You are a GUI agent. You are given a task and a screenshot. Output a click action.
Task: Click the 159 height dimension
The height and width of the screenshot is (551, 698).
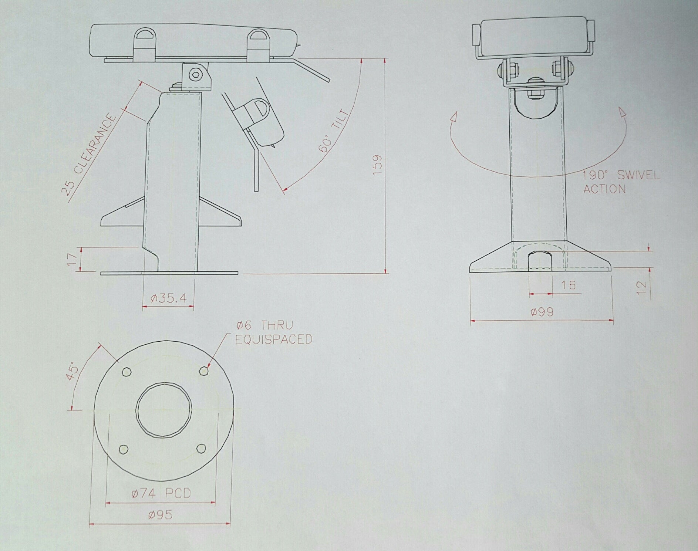pos(377,165)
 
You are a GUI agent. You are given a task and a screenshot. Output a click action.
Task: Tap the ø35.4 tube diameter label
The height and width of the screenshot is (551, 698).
pos(169,298)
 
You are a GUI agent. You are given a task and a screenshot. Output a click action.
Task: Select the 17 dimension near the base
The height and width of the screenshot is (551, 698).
pos(73,259)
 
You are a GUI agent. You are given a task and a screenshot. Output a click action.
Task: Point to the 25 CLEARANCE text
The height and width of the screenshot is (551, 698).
pos(89,155)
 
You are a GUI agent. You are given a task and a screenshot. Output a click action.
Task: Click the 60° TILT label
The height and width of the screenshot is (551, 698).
pos(333,131)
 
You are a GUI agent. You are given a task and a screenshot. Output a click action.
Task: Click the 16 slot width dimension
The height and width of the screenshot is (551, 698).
pos(568,285)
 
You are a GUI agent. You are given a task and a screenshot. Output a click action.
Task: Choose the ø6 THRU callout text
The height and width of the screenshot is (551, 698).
pos(265,325)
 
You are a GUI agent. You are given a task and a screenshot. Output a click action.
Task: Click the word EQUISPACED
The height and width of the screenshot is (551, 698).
pos(274,339)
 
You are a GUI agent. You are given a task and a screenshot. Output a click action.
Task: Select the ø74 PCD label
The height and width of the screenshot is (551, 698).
pos(161,493)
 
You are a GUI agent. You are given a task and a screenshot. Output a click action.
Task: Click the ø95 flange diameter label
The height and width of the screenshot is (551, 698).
pos(161,515)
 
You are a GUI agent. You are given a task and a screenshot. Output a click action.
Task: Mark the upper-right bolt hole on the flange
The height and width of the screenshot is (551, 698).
pos(203,371)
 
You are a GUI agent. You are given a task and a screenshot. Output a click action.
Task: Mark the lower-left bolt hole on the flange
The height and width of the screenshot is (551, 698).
pos(123,449)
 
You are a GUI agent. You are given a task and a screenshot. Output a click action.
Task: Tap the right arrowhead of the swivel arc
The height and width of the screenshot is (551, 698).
pos(623,113)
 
